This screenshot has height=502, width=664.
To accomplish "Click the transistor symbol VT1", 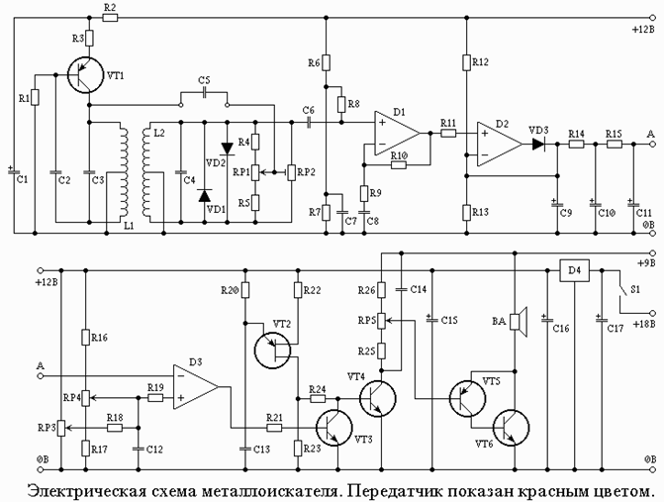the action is pos(85,75).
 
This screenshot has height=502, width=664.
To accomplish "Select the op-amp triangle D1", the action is pos(397,133).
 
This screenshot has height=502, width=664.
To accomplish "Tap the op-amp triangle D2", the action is pos(500,144).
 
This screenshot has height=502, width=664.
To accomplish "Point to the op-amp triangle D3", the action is pos(195,387).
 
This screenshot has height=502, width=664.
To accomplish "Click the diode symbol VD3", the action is pos(538,144).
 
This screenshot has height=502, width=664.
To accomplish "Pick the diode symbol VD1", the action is pos(205,196).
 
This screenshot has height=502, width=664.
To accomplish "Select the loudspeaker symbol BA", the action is pos(518,322).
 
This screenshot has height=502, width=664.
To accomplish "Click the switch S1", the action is pos(621,292).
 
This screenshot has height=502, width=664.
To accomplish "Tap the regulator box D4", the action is pos(574,270).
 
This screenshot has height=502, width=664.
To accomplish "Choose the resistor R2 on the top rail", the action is pos(111,18).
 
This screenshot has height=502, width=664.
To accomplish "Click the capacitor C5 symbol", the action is pos(205,93).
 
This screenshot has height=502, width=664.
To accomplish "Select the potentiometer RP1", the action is pos(255,172).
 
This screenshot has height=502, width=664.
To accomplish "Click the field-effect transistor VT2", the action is pos(273,350).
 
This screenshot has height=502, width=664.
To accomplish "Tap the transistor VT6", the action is pos(511,427).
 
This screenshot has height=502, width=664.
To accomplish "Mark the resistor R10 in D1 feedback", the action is pos(399,164).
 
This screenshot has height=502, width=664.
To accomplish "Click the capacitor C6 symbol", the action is pos(309,123).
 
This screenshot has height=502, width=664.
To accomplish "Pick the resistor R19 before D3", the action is pos(155,398).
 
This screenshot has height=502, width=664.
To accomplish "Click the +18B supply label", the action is pos(644,324).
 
